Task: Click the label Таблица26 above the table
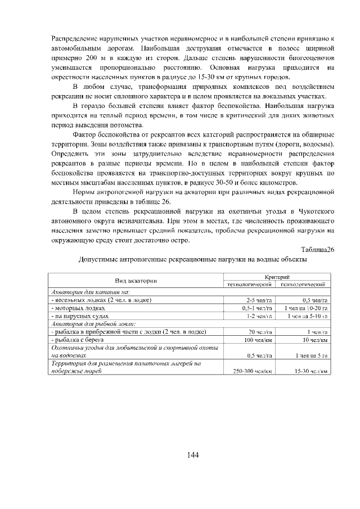point(318,250)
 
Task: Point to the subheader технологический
point(249,285)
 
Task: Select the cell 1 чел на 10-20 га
point(307,308)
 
